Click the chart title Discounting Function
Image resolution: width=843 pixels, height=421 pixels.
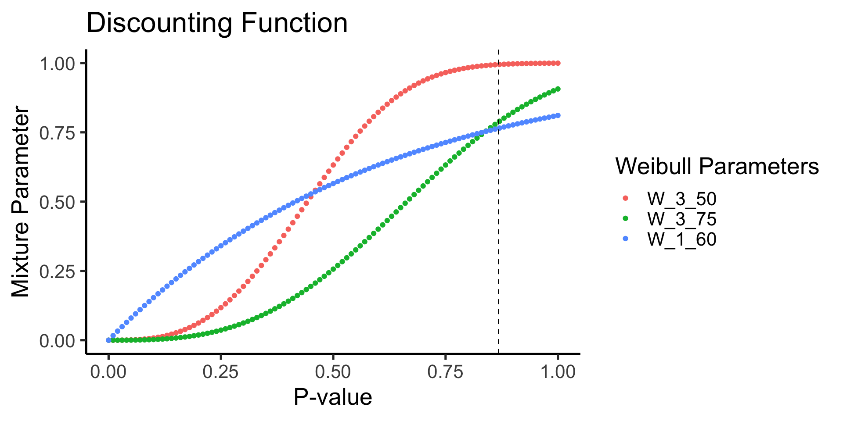click(217, 23)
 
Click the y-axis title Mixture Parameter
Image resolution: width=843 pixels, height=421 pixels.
click(21, 202)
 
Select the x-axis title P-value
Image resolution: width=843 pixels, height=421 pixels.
click(333, 397)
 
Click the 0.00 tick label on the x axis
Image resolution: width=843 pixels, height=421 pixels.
click(108, 372)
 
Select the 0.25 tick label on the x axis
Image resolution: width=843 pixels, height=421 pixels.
click(221, 372)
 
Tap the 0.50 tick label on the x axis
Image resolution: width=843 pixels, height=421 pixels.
click(333, 372)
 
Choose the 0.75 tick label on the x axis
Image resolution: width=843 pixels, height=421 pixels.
click(446, 372)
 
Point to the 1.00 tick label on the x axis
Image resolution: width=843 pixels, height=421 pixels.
click(558, 372)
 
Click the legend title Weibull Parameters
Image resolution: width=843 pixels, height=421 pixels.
click(717, 167)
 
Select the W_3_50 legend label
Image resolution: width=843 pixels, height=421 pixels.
click(681, 199)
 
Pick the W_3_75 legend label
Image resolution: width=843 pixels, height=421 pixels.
click(681, 219)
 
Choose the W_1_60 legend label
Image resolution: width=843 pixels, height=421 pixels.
click(681, 239)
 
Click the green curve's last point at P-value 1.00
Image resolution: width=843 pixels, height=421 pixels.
click(558, 89)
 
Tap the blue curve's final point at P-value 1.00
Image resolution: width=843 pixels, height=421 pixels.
click(558, 115)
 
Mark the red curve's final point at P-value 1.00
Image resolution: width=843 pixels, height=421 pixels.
click(558, 63)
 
